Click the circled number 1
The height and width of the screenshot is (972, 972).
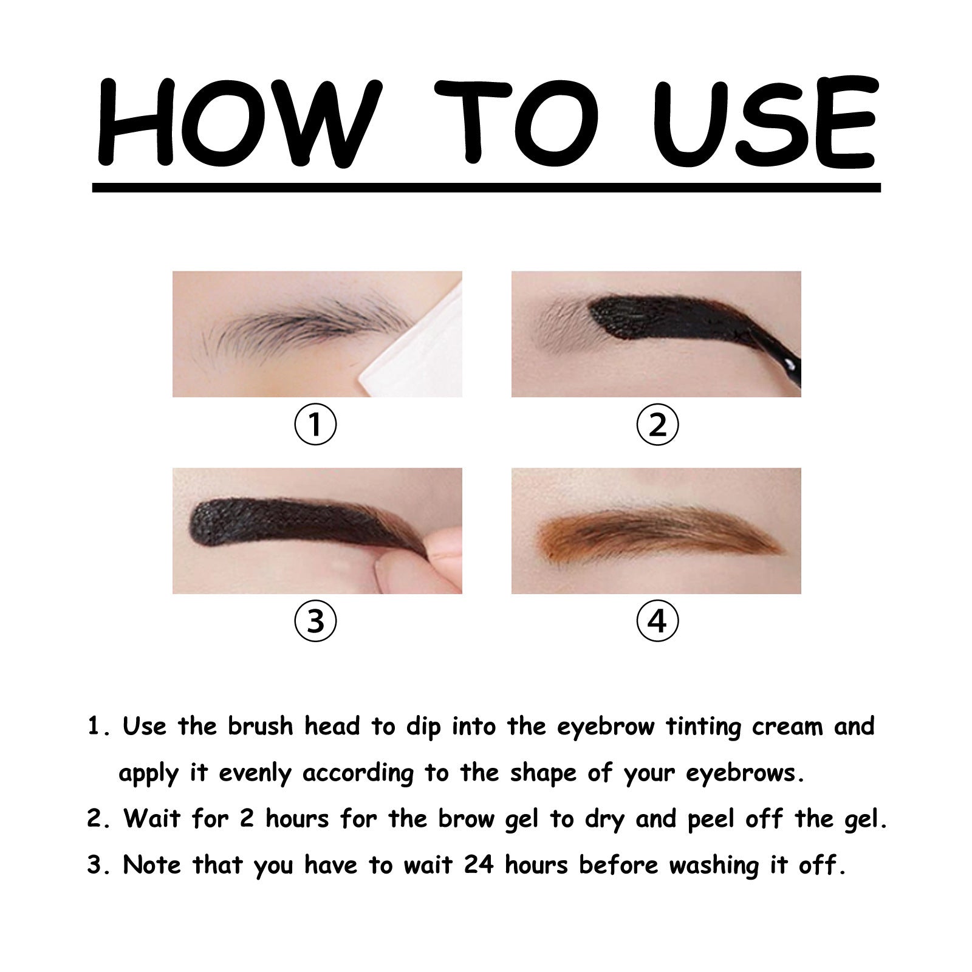(315, 425)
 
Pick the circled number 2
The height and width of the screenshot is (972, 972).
(657, 425)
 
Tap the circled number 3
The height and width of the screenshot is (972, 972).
(315, 621)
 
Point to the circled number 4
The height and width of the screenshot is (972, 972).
(657, 621)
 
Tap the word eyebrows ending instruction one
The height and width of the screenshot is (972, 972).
(744, 774)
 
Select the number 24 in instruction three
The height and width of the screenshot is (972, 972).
(479, 864)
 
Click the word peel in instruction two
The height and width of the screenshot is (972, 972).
(713, 820)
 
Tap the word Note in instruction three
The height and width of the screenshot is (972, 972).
(152, 864)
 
